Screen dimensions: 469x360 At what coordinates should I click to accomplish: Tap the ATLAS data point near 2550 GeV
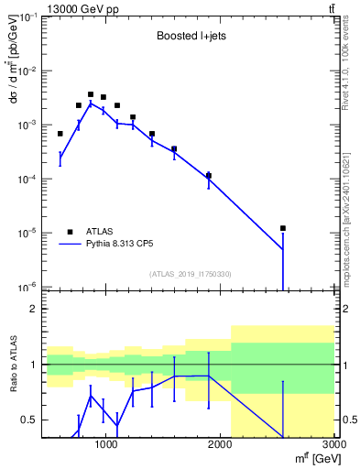tap(283, 228)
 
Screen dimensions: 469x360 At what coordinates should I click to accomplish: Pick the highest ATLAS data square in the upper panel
tap(91, 94)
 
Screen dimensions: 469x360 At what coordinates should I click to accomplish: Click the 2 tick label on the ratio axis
tap(34, 309)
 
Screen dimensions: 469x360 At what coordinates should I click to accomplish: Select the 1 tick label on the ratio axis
tap(34, 365)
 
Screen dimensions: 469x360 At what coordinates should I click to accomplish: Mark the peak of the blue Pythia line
tap(91, 103)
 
